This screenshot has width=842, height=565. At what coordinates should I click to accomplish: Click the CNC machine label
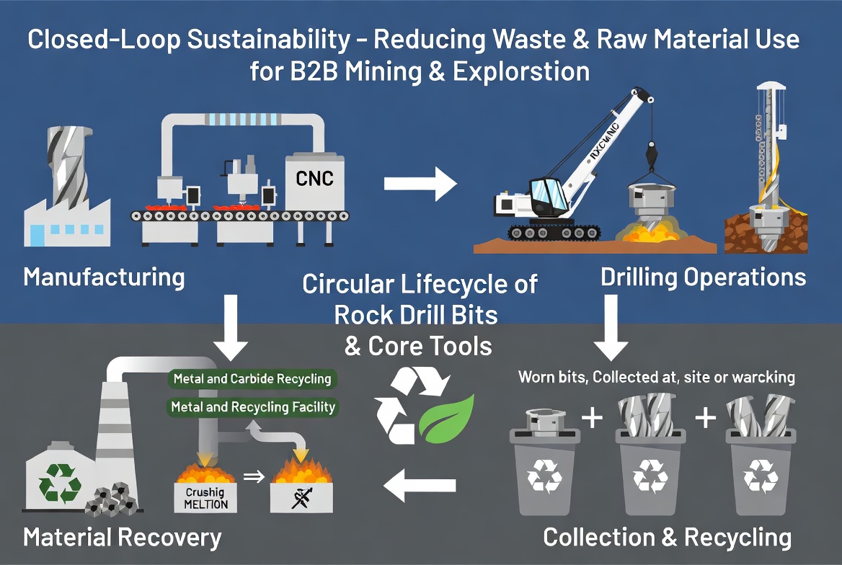click(314, 177)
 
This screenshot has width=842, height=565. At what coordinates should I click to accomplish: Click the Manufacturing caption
click(104, 277)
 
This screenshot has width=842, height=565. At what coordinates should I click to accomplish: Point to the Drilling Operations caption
click(703, 277)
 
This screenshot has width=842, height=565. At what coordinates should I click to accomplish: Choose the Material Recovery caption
click(122, 537)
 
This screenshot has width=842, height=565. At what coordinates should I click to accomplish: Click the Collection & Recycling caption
click(667, 537)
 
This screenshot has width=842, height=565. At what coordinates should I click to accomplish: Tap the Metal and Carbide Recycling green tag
click(252, 378)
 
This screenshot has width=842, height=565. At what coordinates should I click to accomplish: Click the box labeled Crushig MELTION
click(206, 497)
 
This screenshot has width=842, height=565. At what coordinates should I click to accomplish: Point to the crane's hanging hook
click(651, 154)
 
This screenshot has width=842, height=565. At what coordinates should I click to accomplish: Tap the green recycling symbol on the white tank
click(60, 482)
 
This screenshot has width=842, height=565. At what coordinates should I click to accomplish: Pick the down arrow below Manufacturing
click(232, 327)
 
